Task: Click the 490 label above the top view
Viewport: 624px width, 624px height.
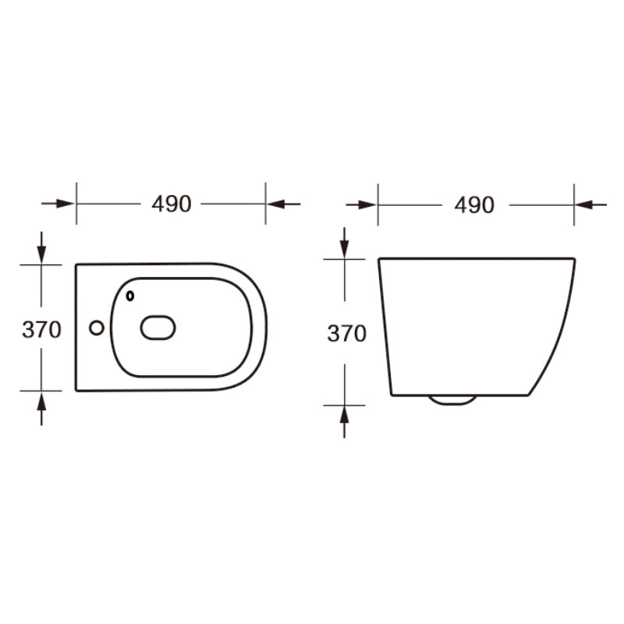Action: pos(172,204)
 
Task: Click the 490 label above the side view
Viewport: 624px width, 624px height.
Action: pos(474,205)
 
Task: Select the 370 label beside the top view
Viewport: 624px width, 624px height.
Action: pos(42,329)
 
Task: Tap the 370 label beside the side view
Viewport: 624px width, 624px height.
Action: pos(346,334)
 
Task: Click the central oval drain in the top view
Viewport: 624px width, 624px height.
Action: pos(158,328)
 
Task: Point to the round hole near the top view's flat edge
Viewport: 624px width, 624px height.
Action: pos(96,328)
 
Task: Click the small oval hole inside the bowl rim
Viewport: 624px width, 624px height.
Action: pos(130,296)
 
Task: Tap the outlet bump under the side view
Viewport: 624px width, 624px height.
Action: pos(452,400)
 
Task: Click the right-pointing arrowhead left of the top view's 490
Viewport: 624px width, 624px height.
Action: pos(66,204)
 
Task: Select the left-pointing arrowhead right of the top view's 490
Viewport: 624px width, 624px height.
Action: pos(276,204)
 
